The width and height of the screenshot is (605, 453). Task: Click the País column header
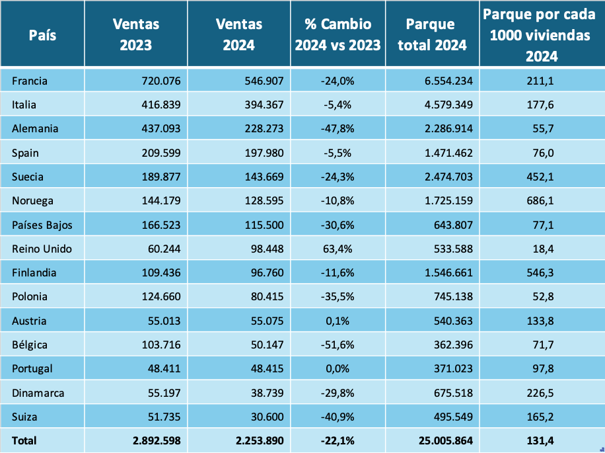pyautogui.click(x=42, y=34)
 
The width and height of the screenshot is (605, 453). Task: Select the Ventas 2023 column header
pyautogui.click(x=136, y=34)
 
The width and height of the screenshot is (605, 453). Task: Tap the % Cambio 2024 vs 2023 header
pyautogui.click(x=338, y=34)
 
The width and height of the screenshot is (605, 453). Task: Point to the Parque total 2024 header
pyautogui.click(x=432, y=34)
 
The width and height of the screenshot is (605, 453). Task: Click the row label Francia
pyautogui.click(x=30, y=81)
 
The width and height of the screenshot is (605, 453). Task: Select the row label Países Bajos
pyautogui.click(x=42, y=225)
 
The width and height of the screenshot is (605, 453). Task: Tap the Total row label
pyautogui.click(x=24, y=440)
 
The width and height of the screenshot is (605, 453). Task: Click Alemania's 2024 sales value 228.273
pyautogui.click(x=262, y=128)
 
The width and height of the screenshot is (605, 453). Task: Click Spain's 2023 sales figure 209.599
pyautogui.click(x=160, y=153)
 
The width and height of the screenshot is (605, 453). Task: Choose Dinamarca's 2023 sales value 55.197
pyautogui.click(x=162, y=392)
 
